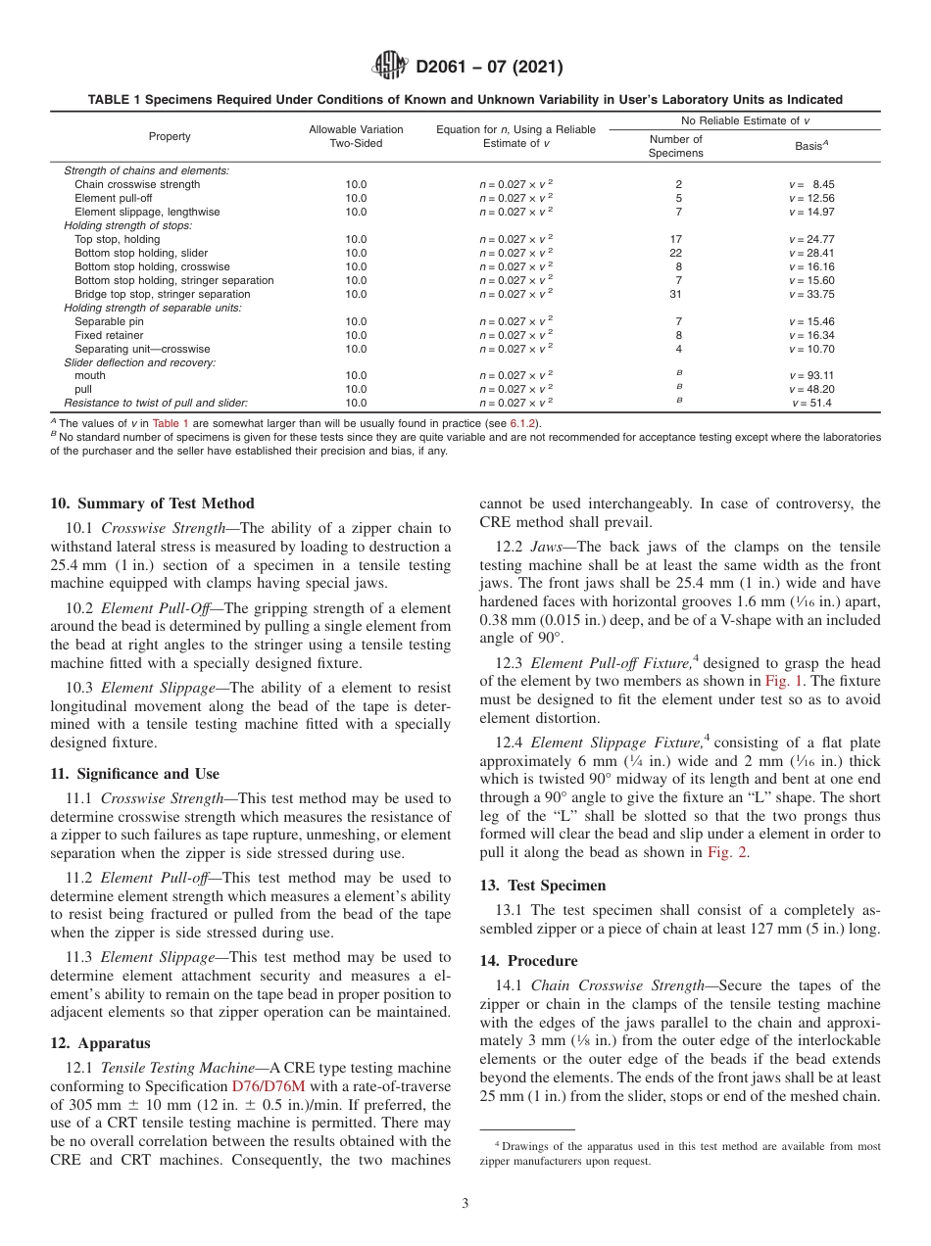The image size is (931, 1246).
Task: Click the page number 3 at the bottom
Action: [465, 1204]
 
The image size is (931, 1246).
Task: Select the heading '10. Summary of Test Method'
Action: [152, 503]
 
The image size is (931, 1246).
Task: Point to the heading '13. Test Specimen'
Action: [542, 886]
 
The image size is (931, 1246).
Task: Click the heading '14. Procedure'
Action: [528, 961]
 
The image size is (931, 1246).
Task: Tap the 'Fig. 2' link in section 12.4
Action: [726, 852]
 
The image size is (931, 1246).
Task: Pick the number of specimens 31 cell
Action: [676, 294]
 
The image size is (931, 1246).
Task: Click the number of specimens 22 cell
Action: [676, 253]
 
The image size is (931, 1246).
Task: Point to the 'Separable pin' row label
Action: [109, 321]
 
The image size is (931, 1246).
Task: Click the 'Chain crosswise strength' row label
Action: [137, 184]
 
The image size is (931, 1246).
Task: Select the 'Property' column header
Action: [170, 136]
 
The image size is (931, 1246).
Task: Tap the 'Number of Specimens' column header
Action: [676, 146]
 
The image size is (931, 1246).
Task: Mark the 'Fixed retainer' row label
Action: [109, 335]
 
